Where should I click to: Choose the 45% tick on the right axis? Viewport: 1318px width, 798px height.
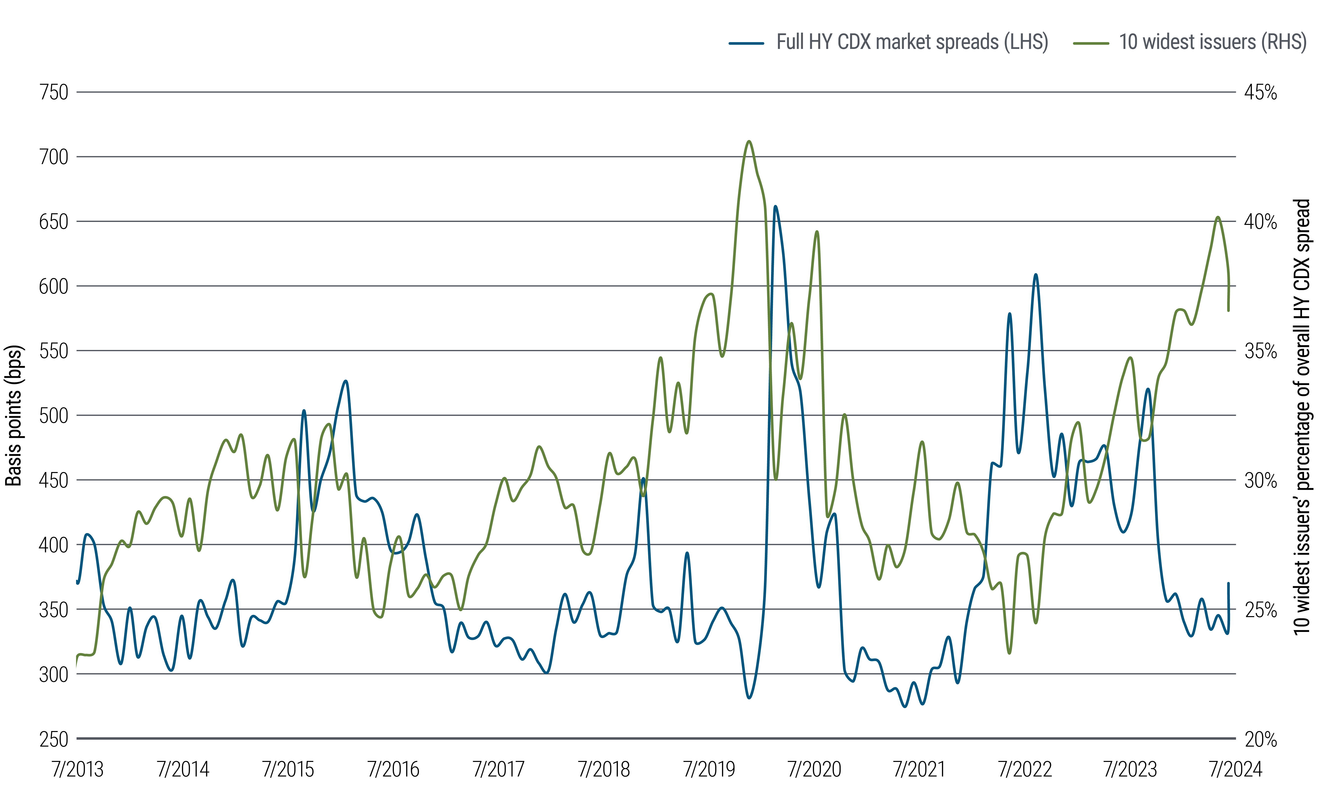point(1260,92)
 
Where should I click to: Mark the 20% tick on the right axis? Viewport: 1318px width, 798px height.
point(1260,739)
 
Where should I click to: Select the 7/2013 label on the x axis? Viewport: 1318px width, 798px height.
point(78,769)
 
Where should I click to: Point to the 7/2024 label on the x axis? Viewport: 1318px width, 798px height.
point(1236,769)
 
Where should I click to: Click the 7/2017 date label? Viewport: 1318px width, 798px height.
point(498,769)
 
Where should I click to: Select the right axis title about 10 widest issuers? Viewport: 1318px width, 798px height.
point(1302,417)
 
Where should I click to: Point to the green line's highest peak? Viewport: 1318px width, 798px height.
point(749,142)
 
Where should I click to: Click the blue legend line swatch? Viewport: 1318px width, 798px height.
point(746,43)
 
